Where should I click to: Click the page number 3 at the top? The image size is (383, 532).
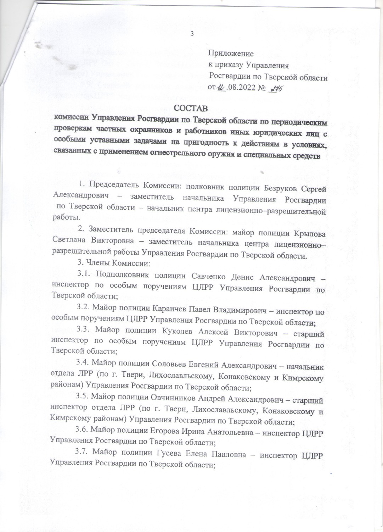(192, 34)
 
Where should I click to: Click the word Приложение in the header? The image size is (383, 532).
(231, 54)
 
